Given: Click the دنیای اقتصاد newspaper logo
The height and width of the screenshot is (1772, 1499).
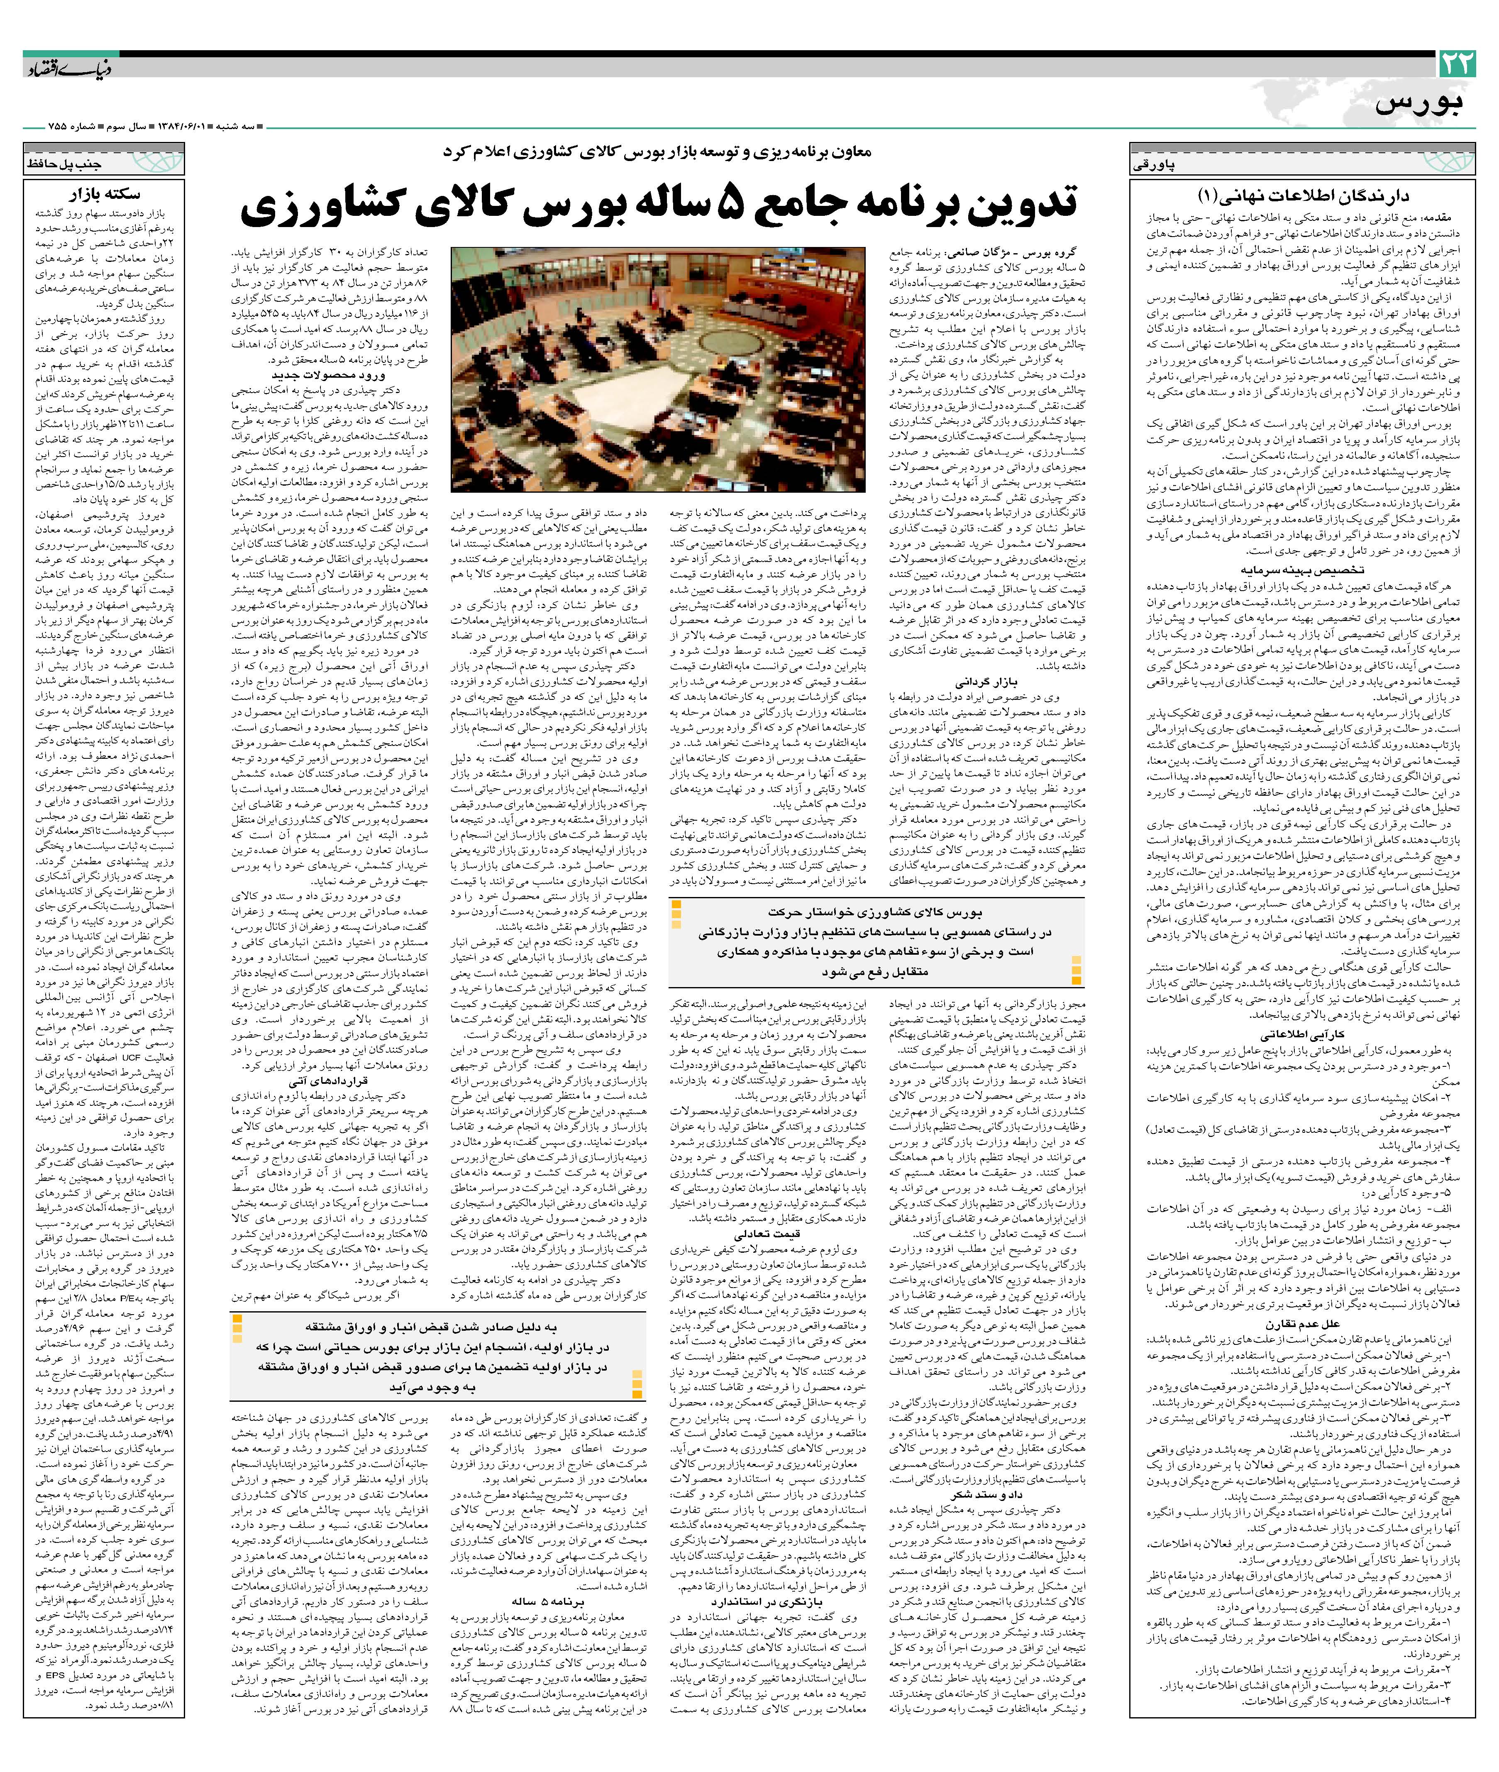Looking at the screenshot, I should pos(68,68).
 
